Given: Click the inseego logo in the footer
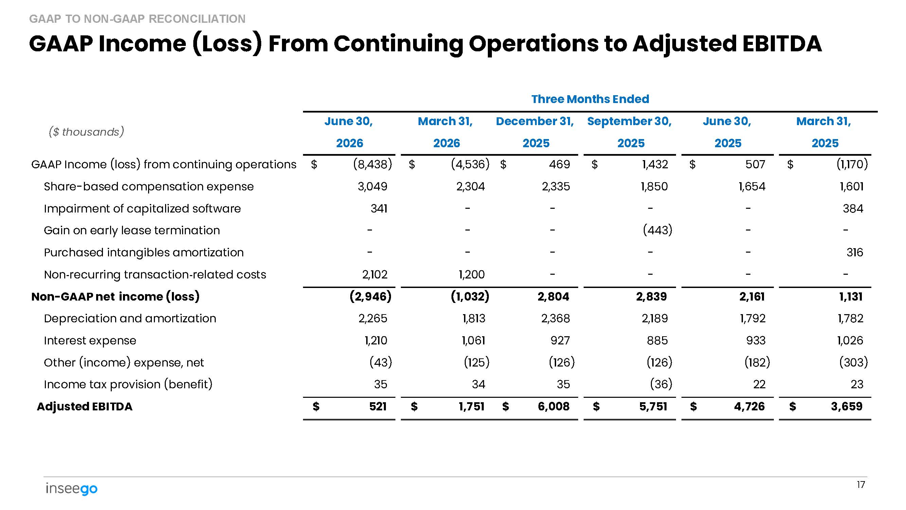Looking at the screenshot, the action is coord(71,489).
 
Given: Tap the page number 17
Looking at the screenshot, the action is coord(860,485).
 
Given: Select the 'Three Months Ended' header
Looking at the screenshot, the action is coord(590,99).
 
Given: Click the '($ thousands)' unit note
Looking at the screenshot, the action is coord(87,132).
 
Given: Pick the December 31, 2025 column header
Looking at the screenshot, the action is coord(535,132).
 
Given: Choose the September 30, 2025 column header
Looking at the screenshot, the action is coord(629,132).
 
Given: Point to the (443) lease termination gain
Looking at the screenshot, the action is coord(657,230).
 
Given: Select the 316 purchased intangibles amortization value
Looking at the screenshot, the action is coord(855,252).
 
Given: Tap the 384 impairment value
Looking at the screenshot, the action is coord(853,208).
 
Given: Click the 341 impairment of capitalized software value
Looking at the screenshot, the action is coord(379,208).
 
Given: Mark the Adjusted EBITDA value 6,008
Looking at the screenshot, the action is coord(554,407).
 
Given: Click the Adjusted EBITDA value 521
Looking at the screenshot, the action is coord(378,407).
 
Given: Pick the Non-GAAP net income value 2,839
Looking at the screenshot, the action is coord(651,296).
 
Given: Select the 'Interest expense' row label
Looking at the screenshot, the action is coord(90,340).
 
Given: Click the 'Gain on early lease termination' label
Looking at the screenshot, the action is coord(132,230).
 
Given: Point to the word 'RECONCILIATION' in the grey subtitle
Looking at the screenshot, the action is coord(197,19).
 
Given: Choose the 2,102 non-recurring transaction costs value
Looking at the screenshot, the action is coord(375,274).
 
